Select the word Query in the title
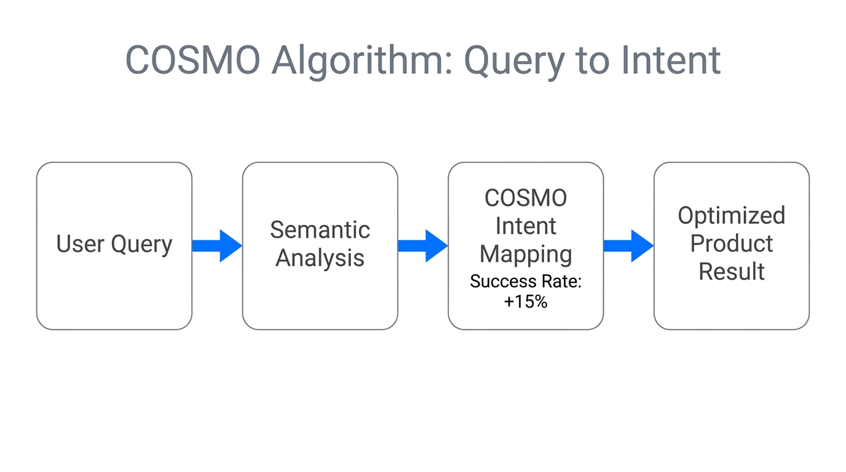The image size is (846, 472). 514,60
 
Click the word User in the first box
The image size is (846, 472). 81,244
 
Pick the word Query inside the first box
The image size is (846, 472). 142,244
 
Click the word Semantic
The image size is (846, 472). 320,230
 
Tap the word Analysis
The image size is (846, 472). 320,258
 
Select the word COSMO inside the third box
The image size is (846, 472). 526,198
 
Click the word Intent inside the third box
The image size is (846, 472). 526,226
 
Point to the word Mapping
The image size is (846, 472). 526,254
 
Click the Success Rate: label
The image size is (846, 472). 526,281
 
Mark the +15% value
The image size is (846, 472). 526,302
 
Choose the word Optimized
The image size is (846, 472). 731,215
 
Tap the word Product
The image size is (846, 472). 731,243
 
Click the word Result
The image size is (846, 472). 731,271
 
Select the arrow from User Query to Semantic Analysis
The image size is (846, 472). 217,246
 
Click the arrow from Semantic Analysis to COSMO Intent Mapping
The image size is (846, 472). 423,246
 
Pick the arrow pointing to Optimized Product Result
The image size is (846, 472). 628,246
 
